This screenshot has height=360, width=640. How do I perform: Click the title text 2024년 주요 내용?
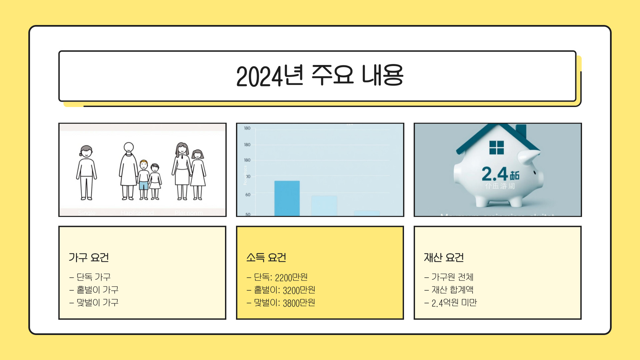tap(319, 76)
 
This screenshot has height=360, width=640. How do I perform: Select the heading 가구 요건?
tap(89, 257)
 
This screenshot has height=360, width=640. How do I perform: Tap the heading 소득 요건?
tap(266, 257)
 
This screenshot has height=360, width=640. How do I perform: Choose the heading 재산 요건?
tap(444, 257)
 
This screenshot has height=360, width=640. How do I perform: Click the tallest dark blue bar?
tap(287, 198)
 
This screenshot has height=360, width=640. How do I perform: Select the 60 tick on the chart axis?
tap(248, 195)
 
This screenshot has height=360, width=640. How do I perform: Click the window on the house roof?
tap(496, 147)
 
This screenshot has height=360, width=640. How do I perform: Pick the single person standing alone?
tap(86, 173)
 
